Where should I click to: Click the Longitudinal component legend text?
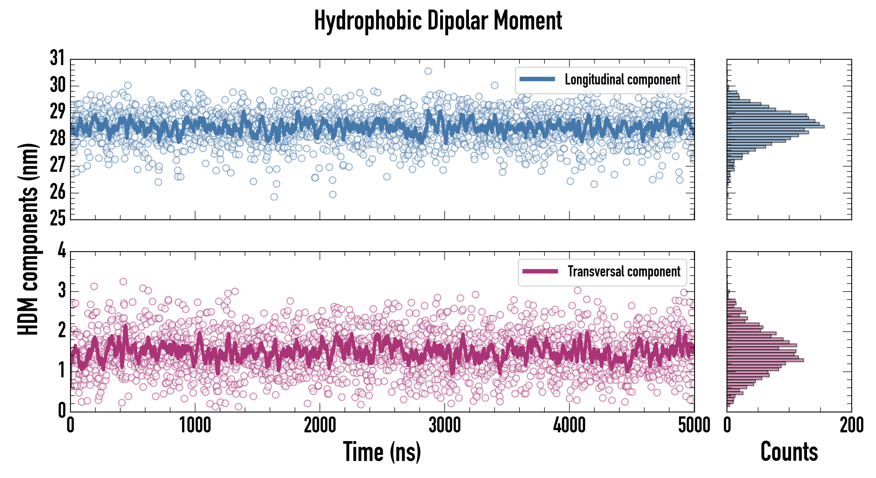coord(622,80)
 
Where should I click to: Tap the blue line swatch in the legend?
coord(537,79)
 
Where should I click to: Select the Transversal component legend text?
coord(624,271)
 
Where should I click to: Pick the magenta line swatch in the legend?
coord(540,271)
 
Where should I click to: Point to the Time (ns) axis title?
coord(382,452)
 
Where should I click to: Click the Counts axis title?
coord(789,452)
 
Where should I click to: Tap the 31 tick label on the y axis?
coord(57,58)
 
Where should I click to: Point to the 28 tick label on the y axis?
coord(57,138)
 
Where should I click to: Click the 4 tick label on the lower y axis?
coord(62,251)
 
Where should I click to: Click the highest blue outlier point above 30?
coord(428,71)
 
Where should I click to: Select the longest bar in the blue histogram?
coord(775,127)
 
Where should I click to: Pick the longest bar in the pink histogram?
coord(765,360)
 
